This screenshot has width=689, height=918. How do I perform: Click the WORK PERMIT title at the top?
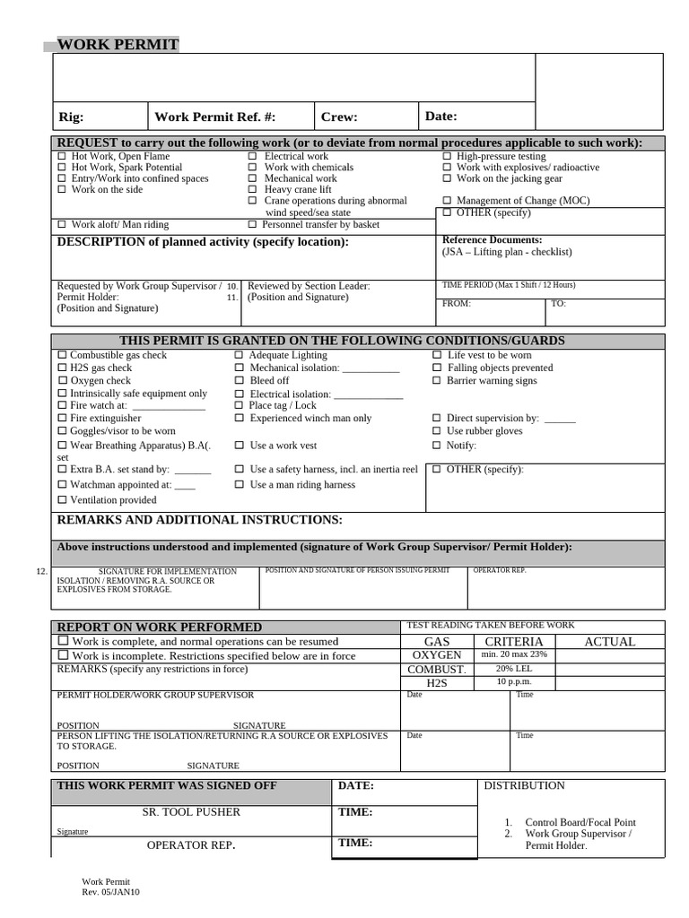[x=118, y=45]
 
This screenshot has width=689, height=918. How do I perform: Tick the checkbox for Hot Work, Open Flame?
[x=62, y=157]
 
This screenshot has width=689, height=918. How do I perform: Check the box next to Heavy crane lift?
[x=253, y=190]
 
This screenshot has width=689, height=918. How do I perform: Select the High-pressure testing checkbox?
[x=447, y=157]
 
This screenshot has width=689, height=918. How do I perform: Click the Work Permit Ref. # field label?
[x=214, y=117]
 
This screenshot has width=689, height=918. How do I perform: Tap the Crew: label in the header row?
[x=339, y=117]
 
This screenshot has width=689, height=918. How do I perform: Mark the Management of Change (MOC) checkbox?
[x=447, y=201]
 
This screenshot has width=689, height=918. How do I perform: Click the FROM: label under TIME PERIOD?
[x=456, y=304]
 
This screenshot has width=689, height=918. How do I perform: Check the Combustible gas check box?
[x=62, y=356]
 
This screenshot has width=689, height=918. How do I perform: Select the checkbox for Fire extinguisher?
[x=62, y=419]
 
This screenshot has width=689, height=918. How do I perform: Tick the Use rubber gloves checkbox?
[x=437, y=431]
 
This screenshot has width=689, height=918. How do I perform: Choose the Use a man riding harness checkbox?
[x=240, y=485]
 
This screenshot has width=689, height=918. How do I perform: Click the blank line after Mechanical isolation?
[x=371, y=368]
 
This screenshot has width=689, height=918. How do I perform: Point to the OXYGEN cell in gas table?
[x=437, y=655]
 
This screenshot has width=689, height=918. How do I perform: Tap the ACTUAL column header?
[x=609, y=642]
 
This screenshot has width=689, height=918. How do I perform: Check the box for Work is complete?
[x=63, y=642]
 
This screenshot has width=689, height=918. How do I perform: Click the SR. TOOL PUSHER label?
[x=191, y=812]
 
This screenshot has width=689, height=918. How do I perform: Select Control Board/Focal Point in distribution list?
[x=580, y=822]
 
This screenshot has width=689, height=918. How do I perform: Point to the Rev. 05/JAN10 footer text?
[x=110, y=892]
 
